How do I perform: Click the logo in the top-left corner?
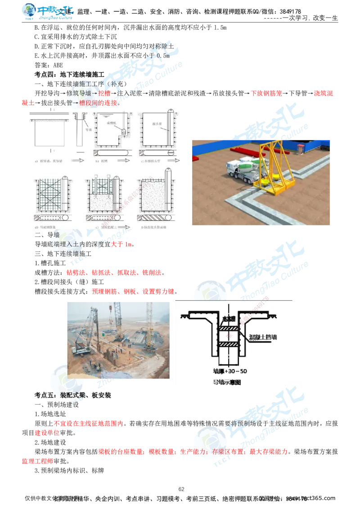(47, 13)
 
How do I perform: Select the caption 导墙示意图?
(227, 383)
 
